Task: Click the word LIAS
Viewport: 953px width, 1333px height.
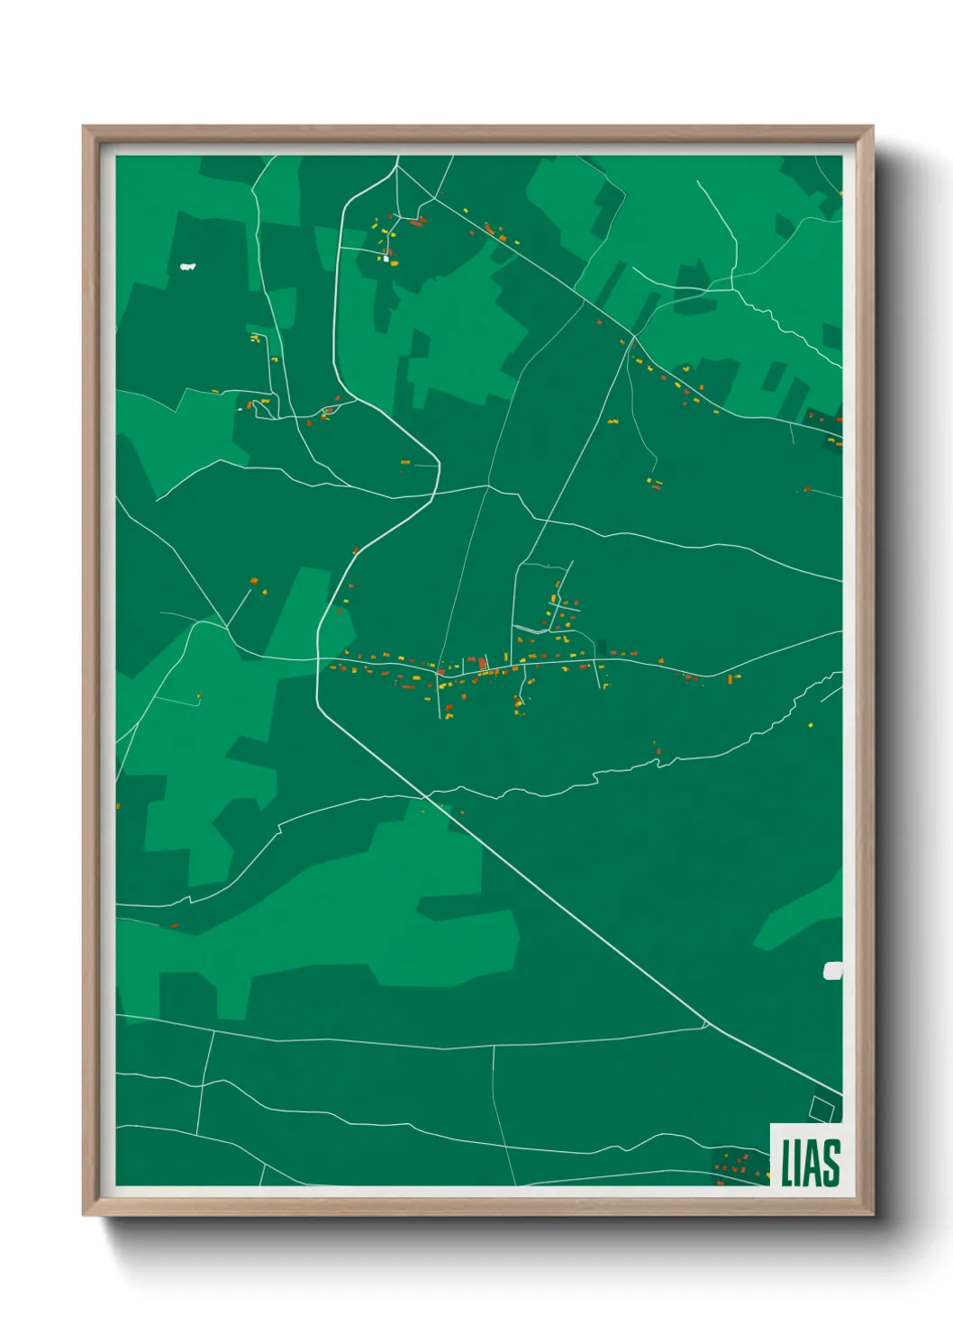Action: pos(810,1163)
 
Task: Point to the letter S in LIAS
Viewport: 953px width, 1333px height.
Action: pos(831,1163)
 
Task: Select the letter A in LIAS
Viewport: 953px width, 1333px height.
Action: pos(813,1163)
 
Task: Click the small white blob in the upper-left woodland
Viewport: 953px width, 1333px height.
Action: pos(188,266)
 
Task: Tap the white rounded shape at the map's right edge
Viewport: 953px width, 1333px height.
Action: pos(833,970)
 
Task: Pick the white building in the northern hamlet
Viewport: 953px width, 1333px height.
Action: pos(386,258)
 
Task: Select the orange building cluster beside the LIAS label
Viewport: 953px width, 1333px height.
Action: pos(731,1166)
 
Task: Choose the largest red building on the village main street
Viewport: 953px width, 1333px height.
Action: pos(483,664)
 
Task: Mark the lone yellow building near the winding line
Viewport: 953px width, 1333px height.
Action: pos(809,724)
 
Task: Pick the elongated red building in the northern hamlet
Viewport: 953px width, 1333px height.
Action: pos(416,222)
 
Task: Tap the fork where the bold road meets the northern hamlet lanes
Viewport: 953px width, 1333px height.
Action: pos(396,168)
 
